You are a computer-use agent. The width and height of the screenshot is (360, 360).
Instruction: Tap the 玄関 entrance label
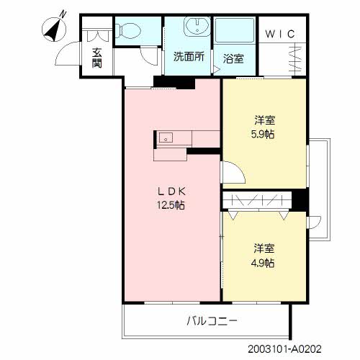pyautogui.click(x=96, y=57)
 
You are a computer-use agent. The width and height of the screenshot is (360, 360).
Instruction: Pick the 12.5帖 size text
pyautogui.click(x=172, y=205)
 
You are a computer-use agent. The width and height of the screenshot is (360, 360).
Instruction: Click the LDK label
pyautogui.click(x=172, y=192)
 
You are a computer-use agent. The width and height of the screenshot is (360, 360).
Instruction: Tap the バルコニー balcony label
pyautogui.click(x=212, y=320)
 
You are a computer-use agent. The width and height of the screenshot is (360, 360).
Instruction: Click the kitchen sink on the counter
pyautogui.click(x=165, y=138)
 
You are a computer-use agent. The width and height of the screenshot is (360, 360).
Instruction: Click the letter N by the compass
pyautogui.click(x=63, y=13)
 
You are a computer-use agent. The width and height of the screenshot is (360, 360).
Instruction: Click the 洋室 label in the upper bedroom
pyautogui.click(x=263, y=120)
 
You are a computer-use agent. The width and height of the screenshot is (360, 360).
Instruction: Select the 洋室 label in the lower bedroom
pyautogui.click(x=263, y=248)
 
